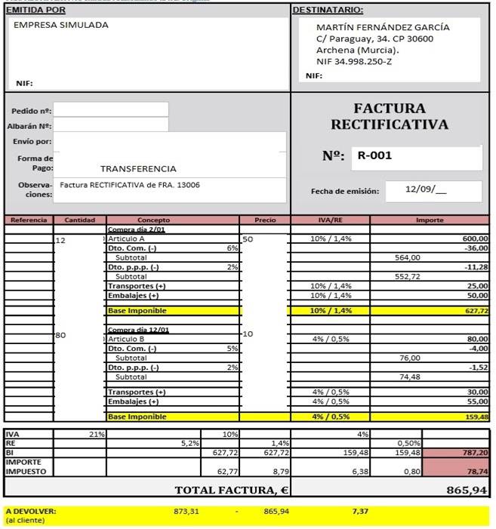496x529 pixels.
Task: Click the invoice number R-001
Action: click(x=375, y=157)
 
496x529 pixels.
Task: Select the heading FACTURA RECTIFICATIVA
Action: click(x=390, y=116)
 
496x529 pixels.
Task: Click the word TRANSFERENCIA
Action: click(x=138, y=169)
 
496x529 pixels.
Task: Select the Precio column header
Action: click(x=265, y=220)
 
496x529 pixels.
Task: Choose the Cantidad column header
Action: click(x=79, y=220)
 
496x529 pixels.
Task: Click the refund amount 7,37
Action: click(x=361, y=511)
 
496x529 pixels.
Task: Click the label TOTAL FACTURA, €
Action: click(x=232, y=490)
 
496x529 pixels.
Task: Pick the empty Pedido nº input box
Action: click(x=111, y=110)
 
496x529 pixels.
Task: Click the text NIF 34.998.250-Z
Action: click(x=354, y=62)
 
